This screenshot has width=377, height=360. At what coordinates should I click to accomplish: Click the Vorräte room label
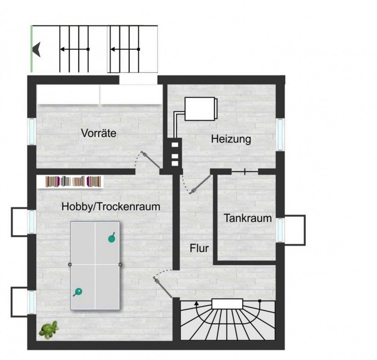(99, 133)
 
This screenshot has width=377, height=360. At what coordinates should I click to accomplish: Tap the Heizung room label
(231, 139)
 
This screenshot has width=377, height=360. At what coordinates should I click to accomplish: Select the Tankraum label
(248, 218)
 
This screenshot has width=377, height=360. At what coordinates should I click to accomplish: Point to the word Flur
(199, 248)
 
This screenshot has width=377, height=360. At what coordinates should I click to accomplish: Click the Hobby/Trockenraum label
(111, 207)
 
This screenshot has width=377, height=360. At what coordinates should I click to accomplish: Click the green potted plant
(49, 330)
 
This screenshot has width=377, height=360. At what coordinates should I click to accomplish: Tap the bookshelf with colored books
(73, 182)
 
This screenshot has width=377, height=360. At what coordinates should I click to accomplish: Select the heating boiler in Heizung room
(201, 109)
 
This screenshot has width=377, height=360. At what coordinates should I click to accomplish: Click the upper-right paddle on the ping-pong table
(112, 238)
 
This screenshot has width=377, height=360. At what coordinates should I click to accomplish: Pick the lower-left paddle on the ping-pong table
(78, 292)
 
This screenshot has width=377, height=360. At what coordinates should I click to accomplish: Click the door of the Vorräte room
(150, 159)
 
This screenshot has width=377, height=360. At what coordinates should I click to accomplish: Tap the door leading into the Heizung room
(200, 185)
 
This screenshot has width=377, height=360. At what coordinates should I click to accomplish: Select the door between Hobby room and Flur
(163, 287)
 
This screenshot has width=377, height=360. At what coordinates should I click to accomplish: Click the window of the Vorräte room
(32, 131)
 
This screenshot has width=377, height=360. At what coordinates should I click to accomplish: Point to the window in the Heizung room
(280, 134)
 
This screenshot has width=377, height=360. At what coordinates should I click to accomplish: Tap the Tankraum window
(280, 230)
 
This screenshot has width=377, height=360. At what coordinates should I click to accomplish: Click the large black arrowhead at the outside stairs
(36, 49)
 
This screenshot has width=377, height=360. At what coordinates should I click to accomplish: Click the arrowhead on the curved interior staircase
(197, 303)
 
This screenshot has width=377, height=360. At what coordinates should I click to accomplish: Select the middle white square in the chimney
(175, 156)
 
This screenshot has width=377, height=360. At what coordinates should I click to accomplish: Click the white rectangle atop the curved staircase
(227, 304)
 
